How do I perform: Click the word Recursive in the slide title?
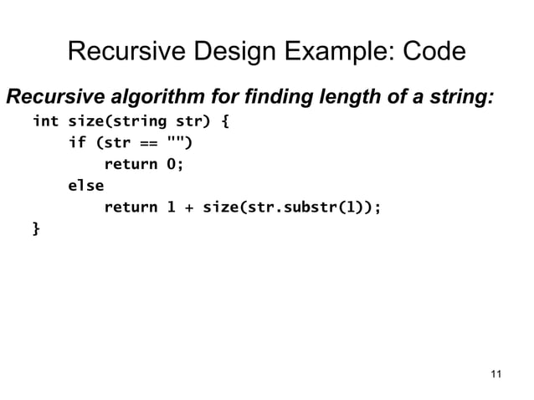[127, 53]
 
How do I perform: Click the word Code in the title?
[434, 53]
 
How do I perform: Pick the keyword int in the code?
[45, 123]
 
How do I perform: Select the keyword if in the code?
[76, 143]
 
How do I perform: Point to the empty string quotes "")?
[183, 143]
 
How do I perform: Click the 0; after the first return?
[174, 164]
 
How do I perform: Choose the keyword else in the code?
[85, 185]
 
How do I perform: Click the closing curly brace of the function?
[35, 228]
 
